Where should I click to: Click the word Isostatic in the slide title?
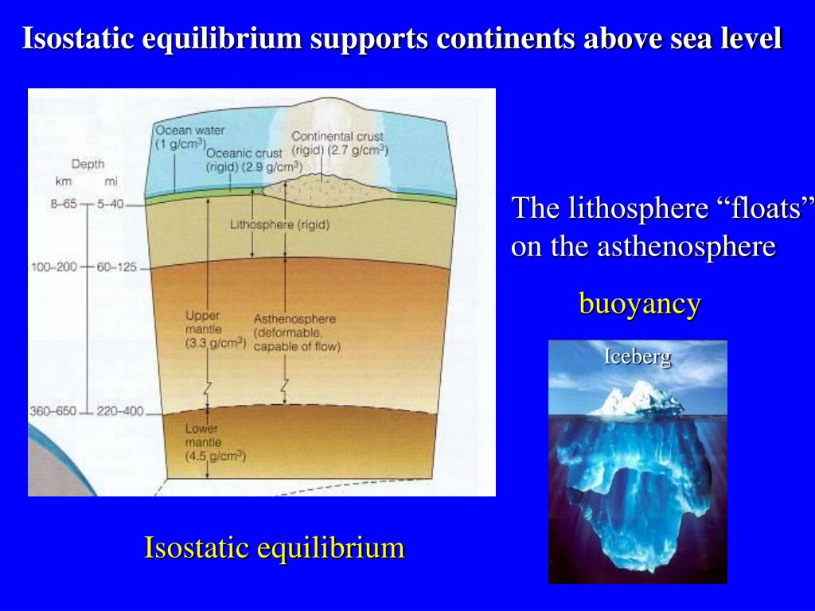point(78,38)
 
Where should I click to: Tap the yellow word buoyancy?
point(640,303)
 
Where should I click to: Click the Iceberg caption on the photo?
point(637,356)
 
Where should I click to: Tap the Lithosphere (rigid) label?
point(279,225)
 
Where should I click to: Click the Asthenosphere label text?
point(294,318)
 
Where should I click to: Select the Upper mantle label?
point(205,321)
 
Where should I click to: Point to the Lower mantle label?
point(204,435)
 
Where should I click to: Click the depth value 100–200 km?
point(53,267)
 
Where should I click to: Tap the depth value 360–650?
point(53,411)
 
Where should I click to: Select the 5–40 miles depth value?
point(111,204)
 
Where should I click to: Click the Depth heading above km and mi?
point(88,164)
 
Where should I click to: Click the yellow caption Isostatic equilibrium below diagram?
point(274,547)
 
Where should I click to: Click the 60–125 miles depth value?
point(117,267)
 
